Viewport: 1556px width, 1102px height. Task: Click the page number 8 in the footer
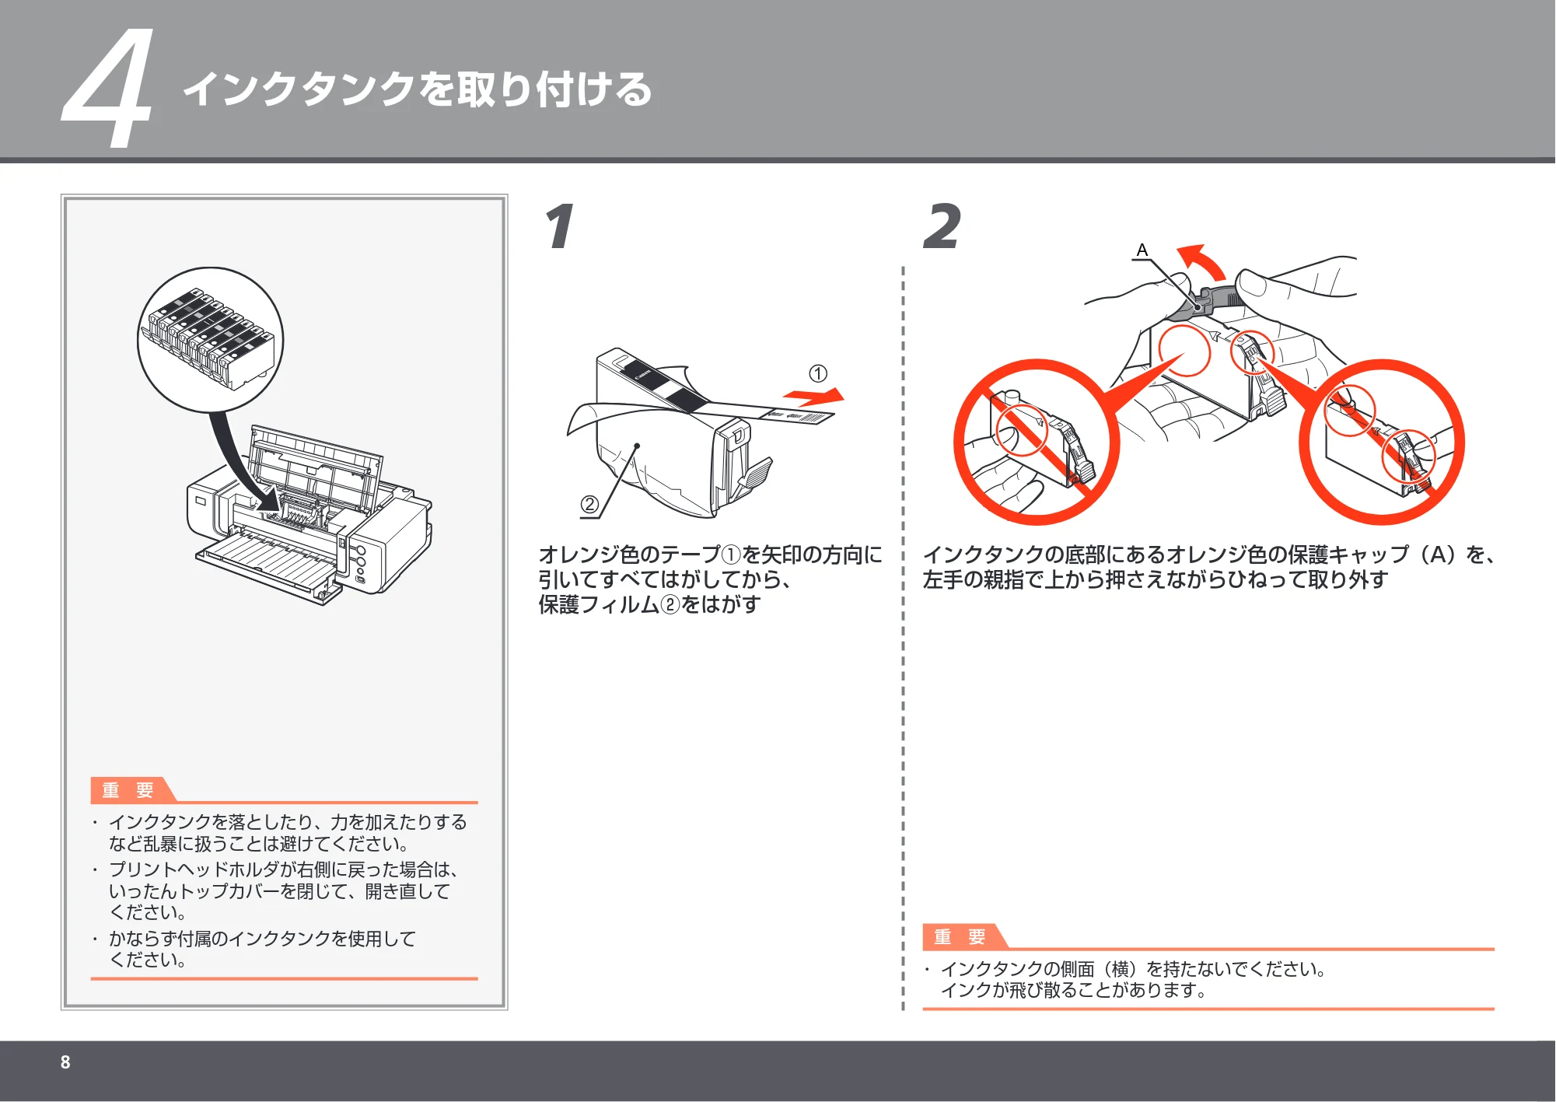click(x=65, y=1062)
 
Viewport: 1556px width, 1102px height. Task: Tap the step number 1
click(x=560, y=226)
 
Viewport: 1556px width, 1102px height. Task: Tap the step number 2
click(x=942, y=226)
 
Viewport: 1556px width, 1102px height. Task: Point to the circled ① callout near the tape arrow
click(x=818, y=373)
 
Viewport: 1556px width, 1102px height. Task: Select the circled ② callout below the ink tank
click(x=589, y=505)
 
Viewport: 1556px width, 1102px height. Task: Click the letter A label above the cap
click(x=1142, y=250)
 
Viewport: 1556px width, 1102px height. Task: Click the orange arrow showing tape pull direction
click(x=813, y=397)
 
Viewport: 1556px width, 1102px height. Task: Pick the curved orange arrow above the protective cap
click(x=1202, y=261)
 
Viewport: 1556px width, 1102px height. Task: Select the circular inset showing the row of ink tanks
click(x=211, y=340)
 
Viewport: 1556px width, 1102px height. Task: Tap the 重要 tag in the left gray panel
click(x=128, y=789)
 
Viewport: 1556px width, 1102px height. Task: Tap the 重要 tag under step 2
click(x=960, y=936)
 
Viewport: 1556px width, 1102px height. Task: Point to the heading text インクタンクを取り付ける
click(x=418, y=89)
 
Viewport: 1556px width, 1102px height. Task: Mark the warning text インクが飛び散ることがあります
click(x=1075, y=990)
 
